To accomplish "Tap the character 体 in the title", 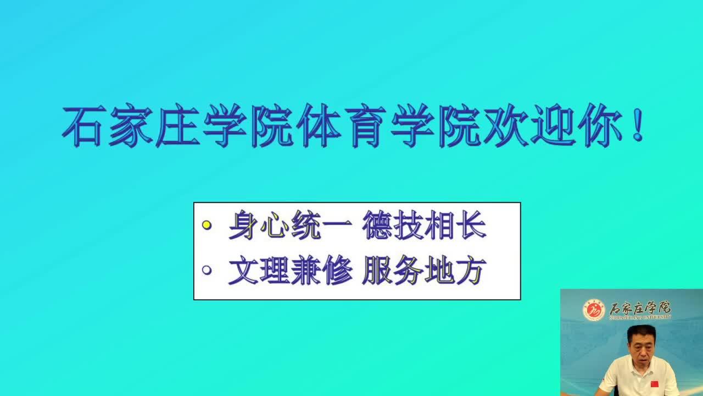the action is [318, 126].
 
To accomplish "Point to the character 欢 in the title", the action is [506, 126].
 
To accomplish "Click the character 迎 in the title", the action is [553, 126].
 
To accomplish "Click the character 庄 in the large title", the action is [177, 126].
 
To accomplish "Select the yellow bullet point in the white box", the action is [207, 225].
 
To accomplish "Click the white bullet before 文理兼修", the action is [207, 270].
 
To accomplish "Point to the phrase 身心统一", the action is [291, 225].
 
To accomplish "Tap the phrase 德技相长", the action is [425, 225].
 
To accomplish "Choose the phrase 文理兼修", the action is [291, 270].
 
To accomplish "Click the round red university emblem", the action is [594, 310].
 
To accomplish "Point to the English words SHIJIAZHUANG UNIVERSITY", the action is [640, 317].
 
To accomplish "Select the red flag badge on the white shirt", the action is [654, 384].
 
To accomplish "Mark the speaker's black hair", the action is [641, 332].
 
